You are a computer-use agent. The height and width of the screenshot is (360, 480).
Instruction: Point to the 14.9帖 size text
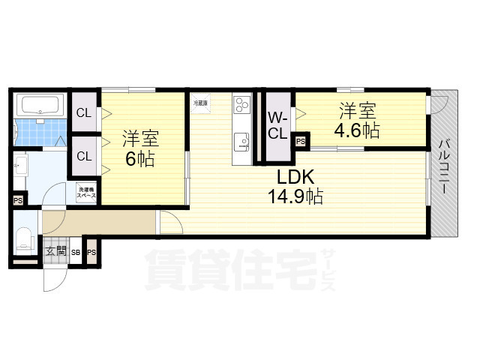(x=296, y=197)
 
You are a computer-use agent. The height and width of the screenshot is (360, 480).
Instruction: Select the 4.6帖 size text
(x=357, y=130)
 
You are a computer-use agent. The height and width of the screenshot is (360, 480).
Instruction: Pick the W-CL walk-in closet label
(x=277, y=127)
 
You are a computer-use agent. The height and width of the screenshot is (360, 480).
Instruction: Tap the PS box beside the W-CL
(x=300, y=140)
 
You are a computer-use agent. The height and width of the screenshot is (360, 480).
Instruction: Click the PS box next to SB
(x=91, y=252)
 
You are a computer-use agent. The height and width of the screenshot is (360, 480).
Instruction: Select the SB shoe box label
(x=76, y=253)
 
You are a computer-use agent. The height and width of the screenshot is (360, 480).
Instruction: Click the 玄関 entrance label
(x=55, y=252)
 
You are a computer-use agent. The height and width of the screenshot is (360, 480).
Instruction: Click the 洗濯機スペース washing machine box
(x=85, y=191)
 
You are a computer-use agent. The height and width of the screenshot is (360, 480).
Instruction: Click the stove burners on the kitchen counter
(x=242, y=105)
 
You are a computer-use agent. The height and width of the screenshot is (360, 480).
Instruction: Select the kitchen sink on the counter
(x=241, y=140)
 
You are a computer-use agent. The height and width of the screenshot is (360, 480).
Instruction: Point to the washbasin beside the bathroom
(x=19, y=166)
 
